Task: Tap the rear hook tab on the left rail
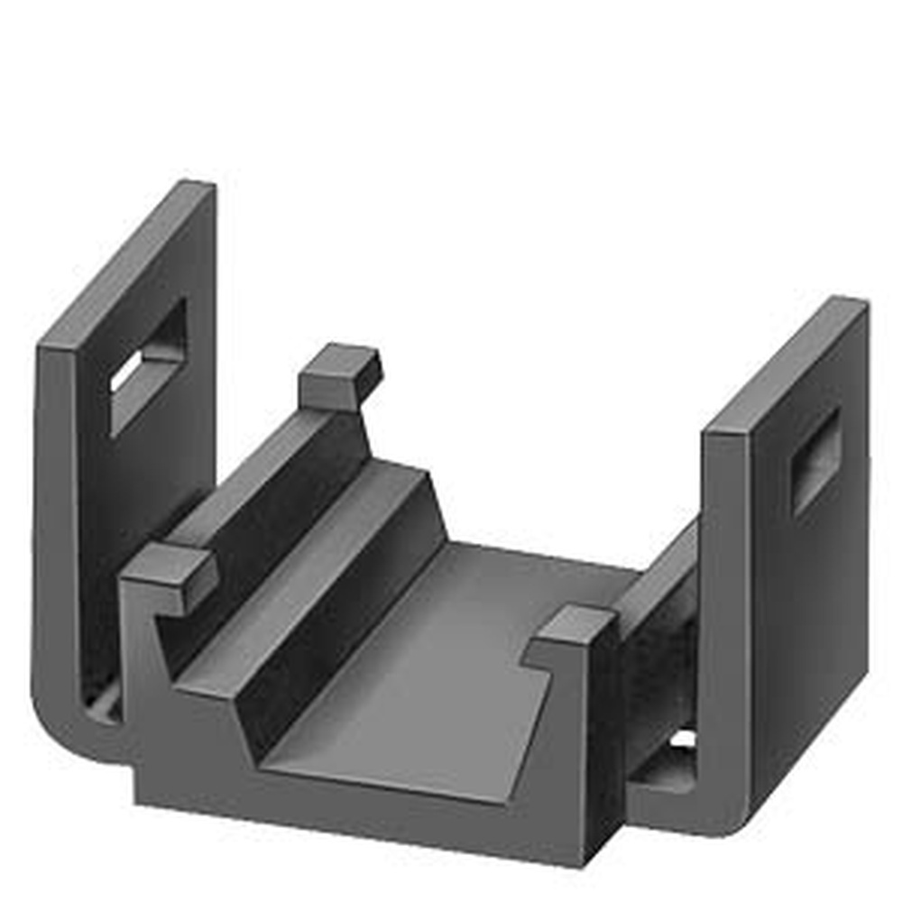click(340, 375)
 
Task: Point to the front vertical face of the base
click(361, 816)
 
